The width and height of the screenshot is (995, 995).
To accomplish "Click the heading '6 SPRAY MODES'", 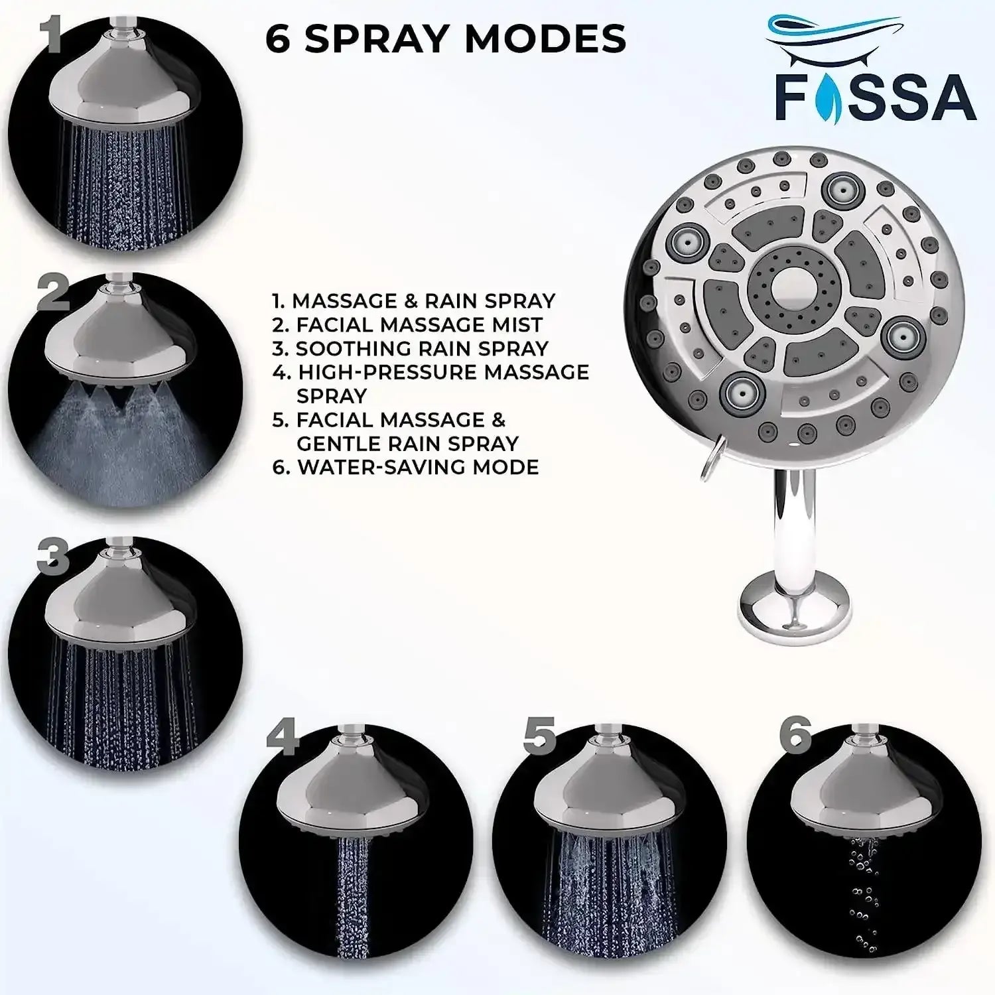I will click(445, 38).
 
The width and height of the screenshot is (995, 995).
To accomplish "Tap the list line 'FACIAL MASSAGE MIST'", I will click(407, 324).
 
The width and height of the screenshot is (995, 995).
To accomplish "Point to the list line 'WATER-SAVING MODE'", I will click(405, 467).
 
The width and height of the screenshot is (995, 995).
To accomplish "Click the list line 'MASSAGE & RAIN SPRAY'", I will click(413, 300).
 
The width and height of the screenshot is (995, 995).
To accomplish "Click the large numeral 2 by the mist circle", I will click(53, 293).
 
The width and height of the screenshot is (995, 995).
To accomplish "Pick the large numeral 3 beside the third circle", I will click(53, 557).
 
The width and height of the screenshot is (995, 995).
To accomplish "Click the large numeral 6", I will click(795, 734).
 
